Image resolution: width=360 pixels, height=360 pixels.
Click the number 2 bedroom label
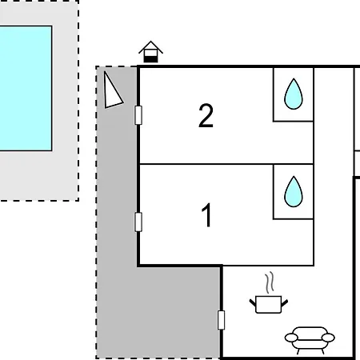[x=206, y=115]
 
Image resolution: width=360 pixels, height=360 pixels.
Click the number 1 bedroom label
[x=206, y=215]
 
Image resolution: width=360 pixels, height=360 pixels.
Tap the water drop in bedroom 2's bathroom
[x=294, y=94]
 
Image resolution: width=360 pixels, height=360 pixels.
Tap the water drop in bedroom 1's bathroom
[x=294, y=191]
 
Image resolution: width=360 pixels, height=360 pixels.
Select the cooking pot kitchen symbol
[x=269, y=304]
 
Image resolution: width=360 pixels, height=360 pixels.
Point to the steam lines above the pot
[x=270, y=282]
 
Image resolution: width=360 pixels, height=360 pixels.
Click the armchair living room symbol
[x=310, y=340]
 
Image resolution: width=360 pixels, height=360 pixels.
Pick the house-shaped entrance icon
[x=150, y=52]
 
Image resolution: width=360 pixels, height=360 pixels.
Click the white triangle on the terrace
[x=113, y=92]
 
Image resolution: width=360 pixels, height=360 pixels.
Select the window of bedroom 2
[x=138, y=115]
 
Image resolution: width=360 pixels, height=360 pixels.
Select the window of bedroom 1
[x=138, y=222]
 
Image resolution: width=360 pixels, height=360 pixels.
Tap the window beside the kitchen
[x=221, y=320]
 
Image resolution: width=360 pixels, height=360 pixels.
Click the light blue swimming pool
[x=26, y=88]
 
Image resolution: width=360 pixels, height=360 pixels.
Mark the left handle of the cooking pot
[x=253, y=302]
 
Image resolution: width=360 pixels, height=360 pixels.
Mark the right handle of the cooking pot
[x=285, y=303]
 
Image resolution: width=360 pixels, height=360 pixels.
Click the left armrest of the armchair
[x=291, y=338]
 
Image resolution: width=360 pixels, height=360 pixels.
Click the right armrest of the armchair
[x=328, y=338]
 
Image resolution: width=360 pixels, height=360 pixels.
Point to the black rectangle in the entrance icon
[x=150, y=59]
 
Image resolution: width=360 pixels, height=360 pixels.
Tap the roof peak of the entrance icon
[x=150, y=42]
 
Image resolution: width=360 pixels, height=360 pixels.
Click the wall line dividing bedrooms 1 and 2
[x=226, y=164]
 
